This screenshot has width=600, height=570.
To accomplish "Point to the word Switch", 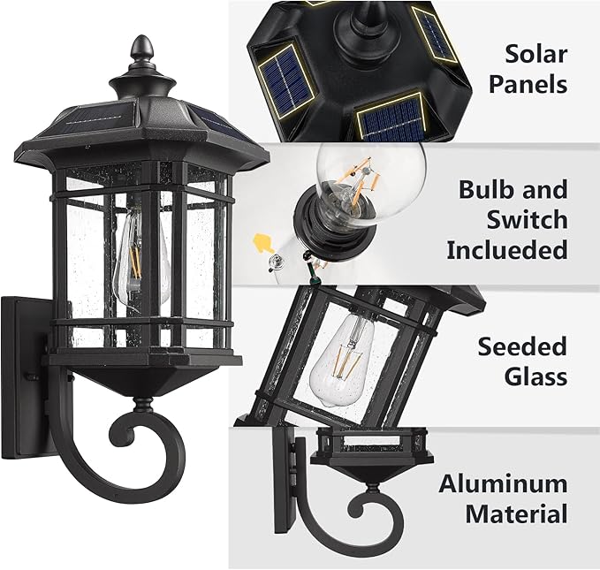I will [520, 219].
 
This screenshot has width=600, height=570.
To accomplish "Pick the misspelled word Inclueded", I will [506, 250].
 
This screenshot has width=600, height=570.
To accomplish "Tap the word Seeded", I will [522, 346].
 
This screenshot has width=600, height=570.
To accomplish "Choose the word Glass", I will [535, 376].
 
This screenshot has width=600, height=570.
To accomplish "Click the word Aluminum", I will [503, 483].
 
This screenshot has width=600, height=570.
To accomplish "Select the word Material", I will [516, 513].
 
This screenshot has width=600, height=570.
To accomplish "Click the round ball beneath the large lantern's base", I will [141, 407].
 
